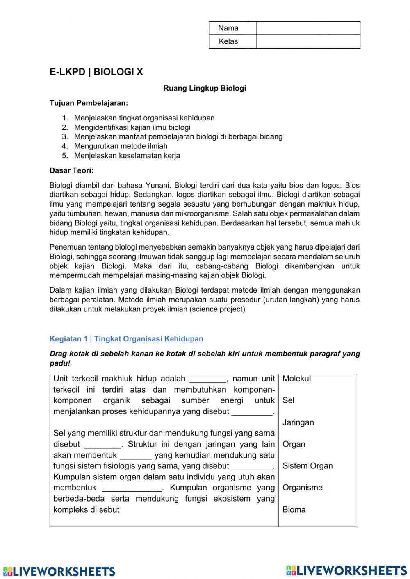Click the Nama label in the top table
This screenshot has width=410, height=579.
(x=228, y=28)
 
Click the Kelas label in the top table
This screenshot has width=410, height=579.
(x=228, y=41)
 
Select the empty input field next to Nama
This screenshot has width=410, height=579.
(x=308, y=28)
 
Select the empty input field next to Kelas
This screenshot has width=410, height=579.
(x=308, y=41)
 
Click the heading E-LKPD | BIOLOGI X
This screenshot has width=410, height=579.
(x=96, y=72)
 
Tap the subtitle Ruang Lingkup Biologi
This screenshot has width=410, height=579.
(x=205, y=88)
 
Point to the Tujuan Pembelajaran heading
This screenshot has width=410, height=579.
(x=89, y=103)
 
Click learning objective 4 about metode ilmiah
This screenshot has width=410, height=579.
(x=121, y=146)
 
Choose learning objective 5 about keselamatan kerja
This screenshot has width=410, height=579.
(x=127, y=155)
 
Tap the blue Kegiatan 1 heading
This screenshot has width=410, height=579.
(x=126, y=339)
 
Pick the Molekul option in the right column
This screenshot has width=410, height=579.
(x=296, y=379)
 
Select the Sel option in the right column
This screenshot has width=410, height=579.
(x=288, y=400)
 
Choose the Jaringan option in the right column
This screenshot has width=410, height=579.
(x=298, y=422)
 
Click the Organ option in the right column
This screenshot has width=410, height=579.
(x=294, y=444)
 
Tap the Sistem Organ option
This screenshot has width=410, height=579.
(x=307, y=466)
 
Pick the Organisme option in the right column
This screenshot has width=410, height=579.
(x=302, y=488)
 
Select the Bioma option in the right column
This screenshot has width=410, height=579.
(x=294, y=509)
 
